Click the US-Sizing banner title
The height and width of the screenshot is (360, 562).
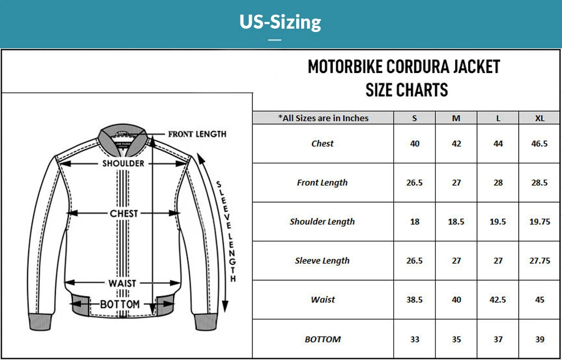(x=280, y=22)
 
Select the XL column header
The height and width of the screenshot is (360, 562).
(x=540, y=118)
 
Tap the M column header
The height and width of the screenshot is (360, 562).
(x=456, y=118)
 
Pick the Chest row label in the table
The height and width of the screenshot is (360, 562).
(x=323, y=144)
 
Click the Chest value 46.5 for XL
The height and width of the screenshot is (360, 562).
(x=540, y=144)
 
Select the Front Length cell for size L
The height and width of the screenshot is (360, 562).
(x=498, y=183)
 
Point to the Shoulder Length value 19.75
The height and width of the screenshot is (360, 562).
(x=540, y=222)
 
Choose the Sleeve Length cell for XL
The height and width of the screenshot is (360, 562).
(x=540, y=261)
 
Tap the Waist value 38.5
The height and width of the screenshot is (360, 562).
(x=415, y=300)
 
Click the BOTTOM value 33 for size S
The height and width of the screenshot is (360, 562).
(x=415, y=339)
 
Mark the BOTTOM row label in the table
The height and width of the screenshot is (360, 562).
(x=323, y=339)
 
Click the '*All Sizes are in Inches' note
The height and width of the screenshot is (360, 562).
(x=323, y=118)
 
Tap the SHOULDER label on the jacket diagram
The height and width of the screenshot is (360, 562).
(x=123, y=163)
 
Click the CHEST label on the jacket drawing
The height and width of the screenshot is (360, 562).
(x=124, y=213)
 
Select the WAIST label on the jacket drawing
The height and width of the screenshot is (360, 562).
(x=123, y=283)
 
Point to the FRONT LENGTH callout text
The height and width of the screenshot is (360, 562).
(x=197, y=134)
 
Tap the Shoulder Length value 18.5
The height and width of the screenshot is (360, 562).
(x=456, y=222)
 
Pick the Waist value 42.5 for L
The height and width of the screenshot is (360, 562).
(x=498, y=300)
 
